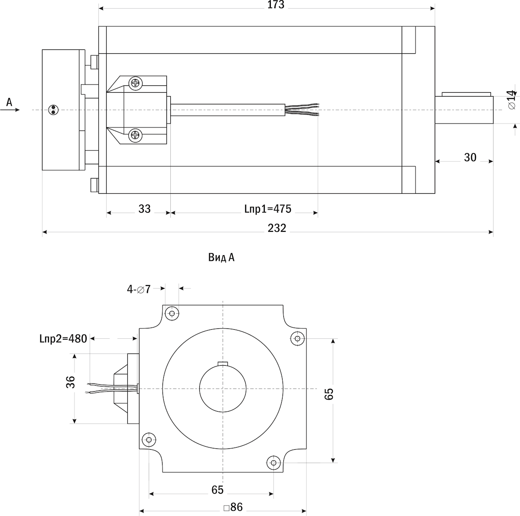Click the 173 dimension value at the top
[x=276, y=5]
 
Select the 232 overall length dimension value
[x=277, y=228]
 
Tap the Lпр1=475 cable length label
[x=268, y=209]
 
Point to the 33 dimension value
[x=144, y=209]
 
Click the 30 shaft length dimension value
[x=470, y=158]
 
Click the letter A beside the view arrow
[x=10, y=102]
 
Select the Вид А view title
[x=221, y=258]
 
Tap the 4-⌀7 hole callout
[x=139, y=289]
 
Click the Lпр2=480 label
[x=63, y=338]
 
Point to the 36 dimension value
[x=71, y=382]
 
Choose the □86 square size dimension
[x=233, y=507]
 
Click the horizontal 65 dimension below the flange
[x=218, y=490]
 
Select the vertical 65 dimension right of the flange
[x=329, y=394]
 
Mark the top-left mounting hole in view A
[x=172, y=313]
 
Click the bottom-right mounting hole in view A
[x=273, y=463]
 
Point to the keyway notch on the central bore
[x=222, y=363]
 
